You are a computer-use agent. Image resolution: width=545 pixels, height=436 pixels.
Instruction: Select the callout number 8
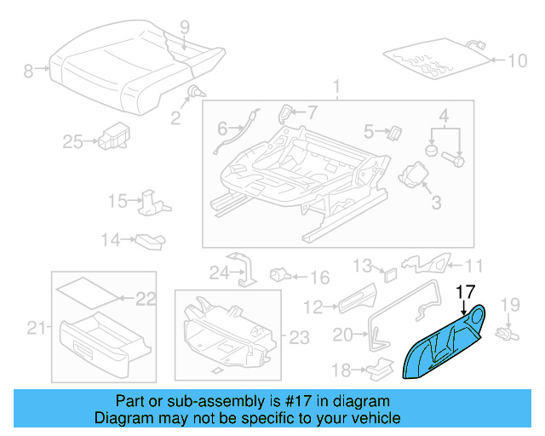pyautogui.click(x=28, y=72)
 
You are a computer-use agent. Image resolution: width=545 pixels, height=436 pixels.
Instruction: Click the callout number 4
pyautogui.click(x=444, y=115)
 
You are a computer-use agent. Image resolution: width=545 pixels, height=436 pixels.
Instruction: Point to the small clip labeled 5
pyautogui.click(x=395, y=130)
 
